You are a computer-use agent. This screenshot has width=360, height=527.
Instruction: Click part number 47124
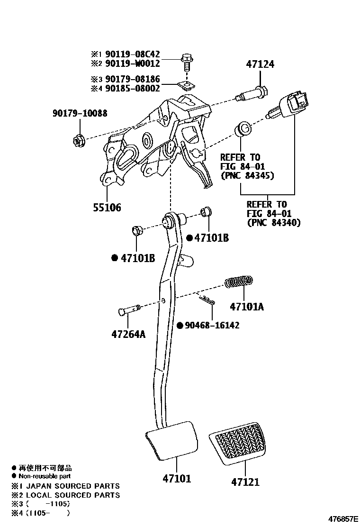click(260, 64)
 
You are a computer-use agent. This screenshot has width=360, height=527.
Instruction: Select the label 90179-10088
click(80, 113)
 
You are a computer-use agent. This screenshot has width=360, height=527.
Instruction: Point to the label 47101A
click(246, 307)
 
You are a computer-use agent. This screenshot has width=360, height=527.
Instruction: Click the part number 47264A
click(128, 335)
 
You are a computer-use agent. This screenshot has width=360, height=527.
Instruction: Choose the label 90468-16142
click(212, 326)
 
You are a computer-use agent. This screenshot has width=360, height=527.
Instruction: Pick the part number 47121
click(245, 482)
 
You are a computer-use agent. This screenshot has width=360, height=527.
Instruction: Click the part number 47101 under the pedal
click(176, 479)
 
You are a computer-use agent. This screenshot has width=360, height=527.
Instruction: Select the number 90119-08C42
click(132, 54)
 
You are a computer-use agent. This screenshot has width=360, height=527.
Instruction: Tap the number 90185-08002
click(132, 88)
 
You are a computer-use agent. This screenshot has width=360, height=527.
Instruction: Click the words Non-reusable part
click(45, 476)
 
